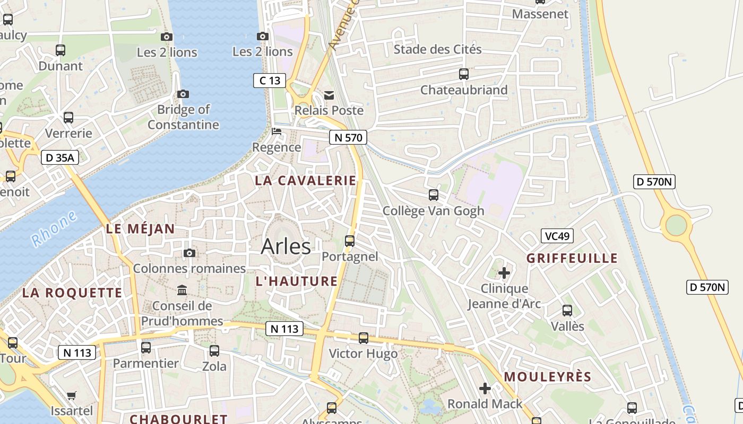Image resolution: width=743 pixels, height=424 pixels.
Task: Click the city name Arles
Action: click(286, 246)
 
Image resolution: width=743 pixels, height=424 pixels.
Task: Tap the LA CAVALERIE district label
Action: click(305, 181)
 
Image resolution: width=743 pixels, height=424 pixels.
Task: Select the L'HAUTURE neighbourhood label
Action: click(297, 281)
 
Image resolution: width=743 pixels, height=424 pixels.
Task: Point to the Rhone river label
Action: click(54, 229)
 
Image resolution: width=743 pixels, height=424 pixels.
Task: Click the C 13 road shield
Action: click(270, 81)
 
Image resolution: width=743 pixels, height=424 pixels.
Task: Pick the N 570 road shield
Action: click(348, 138)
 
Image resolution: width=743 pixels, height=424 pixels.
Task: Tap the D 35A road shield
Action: click(60, 157)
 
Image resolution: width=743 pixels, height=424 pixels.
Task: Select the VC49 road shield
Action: click(557, 236)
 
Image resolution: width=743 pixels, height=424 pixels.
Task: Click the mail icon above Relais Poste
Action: click(329, 95)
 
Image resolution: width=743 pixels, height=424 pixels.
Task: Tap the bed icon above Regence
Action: click(276, 131)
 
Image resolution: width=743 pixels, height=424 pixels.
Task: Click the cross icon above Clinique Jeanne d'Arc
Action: click(504, 273)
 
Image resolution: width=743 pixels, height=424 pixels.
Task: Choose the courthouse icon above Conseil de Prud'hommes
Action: click(183, 290)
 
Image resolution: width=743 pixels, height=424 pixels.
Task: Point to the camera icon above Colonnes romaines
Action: click(189, 253)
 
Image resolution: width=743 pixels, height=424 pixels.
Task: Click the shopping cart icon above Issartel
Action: click(72, 395)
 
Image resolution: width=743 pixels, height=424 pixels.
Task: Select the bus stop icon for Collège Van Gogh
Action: click(434, 195)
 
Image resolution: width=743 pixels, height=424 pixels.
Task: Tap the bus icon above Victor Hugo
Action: click(364, 338)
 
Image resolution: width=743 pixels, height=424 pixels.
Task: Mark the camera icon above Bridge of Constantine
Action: click(183, 94)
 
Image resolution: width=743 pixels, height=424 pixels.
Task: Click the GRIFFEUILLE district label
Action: click(572, 259)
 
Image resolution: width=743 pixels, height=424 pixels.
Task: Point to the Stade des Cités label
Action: click(438, 49)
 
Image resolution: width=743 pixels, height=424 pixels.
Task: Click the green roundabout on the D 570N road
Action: click(676, 225)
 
